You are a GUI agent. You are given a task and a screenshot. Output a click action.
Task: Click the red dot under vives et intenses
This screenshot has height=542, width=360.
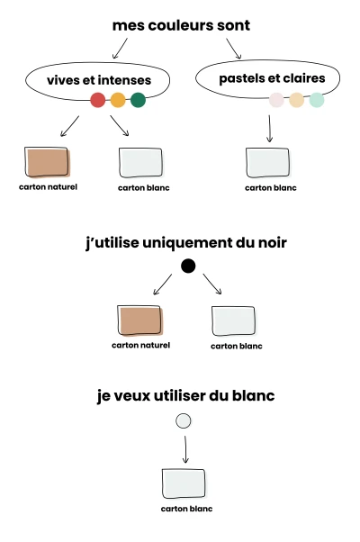98,100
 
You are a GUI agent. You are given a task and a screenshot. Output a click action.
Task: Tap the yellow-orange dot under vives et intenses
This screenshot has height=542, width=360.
118,100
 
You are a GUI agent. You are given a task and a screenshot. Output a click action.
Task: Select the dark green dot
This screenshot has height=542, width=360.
139,100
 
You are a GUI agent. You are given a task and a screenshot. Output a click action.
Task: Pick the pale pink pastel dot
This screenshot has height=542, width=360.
276,100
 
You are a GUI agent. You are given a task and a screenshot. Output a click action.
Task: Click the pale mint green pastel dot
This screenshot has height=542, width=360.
317,100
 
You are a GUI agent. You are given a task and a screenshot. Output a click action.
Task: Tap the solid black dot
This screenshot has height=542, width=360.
188,266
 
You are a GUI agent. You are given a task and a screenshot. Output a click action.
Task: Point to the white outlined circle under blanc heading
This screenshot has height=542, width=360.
183,421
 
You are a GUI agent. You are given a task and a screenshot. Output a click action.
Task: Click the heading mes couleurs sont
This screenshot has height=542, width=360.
181,25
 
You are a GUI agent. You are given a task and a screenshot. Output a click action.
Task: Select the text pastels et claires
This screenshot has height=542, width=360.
272,78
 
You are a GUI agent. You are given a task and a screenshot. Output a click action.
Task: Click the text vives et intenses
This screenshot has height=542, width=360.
99,80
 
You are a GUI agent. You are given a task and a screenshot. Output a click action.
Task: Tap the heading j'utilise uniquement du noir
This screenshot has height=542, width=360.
186,243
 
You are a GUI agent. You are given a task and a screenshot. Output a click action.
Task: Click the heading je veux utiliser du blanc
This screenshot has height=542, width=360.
186,396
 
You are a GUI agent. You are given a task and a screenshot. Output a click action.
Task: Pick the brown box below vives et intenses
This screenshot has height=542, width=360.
48,162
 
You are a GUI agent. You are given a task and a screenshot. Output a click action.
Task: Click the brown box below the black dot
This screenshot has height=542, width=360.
139,321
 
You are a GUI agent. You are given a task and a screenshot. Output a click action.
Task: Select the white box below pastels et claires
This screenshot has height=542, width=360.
267,162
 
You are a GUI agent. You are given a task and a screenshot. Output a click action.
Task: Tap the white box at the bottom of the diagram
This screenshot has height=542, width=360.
184,483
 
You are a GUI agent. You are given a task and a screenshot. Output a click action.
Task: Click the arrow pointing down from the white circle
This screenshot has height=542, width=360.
185,449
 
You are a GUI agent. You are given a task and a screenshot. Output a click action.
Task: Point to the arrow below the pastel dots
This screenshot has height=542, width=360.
269,129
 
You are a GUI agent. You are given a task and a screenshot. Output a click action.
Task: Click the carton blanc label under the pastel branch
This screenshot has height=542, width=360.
271,188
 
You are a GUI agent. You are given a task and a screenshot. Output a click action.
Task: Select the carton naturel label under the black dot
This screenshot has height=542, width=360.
141,346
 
